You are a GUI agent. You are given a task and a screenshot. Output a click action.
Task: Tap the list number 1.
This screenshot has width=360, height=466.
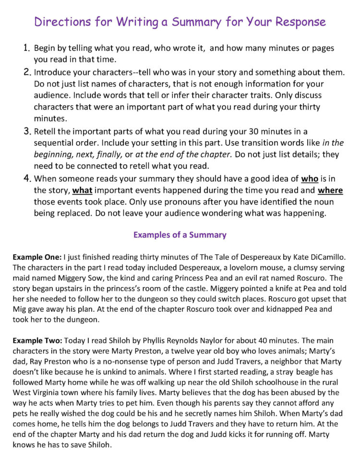click(x=27, y=49)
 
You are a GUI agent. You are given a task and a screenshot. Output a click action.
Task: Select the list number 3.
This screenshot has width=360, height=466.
click(x=27, y=131)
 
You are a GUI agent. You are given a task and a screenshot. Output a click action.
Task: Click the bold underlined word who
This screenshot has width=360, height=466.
click(x=310, y=179)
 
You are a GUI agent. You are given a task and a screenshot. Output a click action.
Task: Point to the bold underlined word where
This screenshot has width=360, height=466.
click(x=330, y=190)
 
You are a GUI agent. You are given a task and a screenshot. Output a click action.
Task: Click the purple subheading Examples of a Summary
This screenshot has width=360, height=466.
click(x=180, y=235)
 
